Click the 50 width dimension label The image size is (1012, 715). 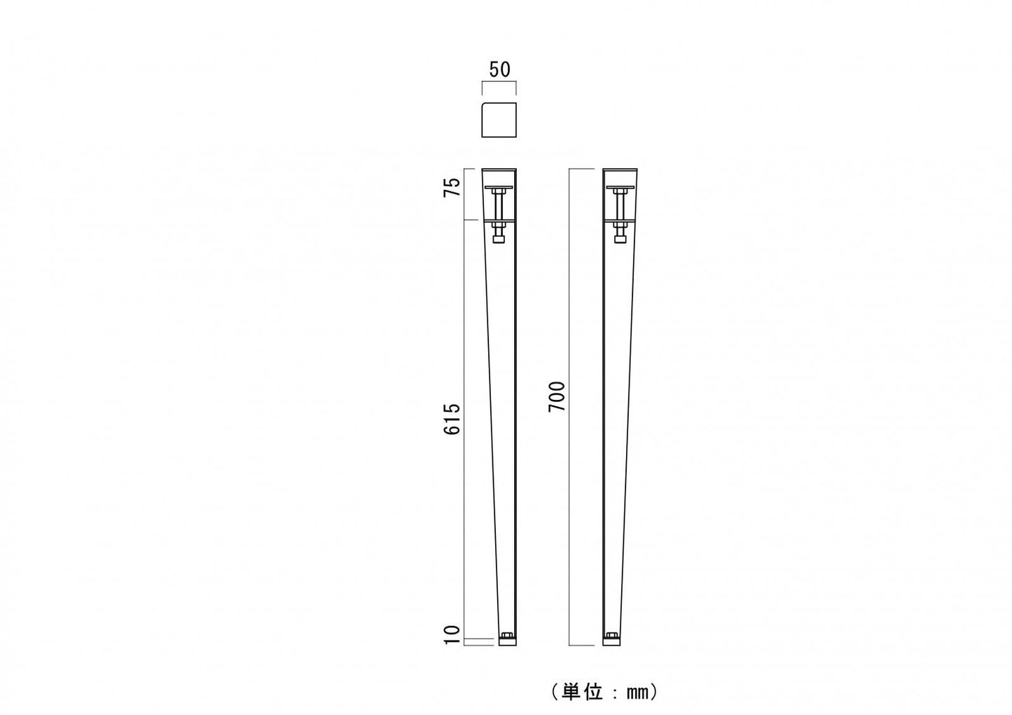(499, 69)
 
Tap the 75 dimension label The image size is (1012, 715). (452, 187)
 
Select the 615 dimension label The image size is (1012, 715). (452, 419)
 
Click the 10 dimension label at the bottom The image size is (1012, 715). (452, 635)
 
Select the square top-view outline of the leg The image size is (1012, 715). (499, 120)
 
